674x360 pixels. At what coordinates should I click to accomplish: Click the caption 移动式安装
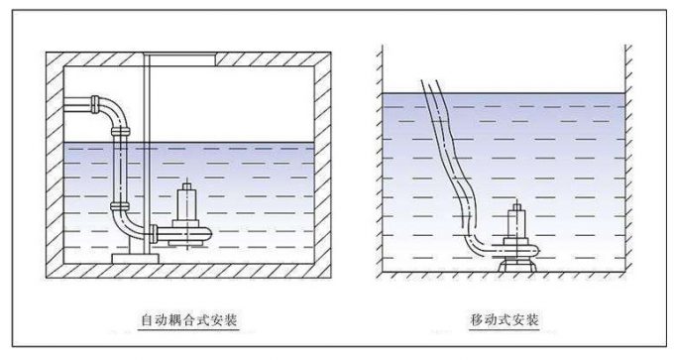coord(505,319)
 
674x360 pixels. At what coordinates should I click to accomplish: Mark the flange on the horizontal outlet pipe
coord(94,102)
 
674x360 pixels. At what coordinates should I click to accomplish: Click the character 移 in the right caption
coord(477,319)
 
